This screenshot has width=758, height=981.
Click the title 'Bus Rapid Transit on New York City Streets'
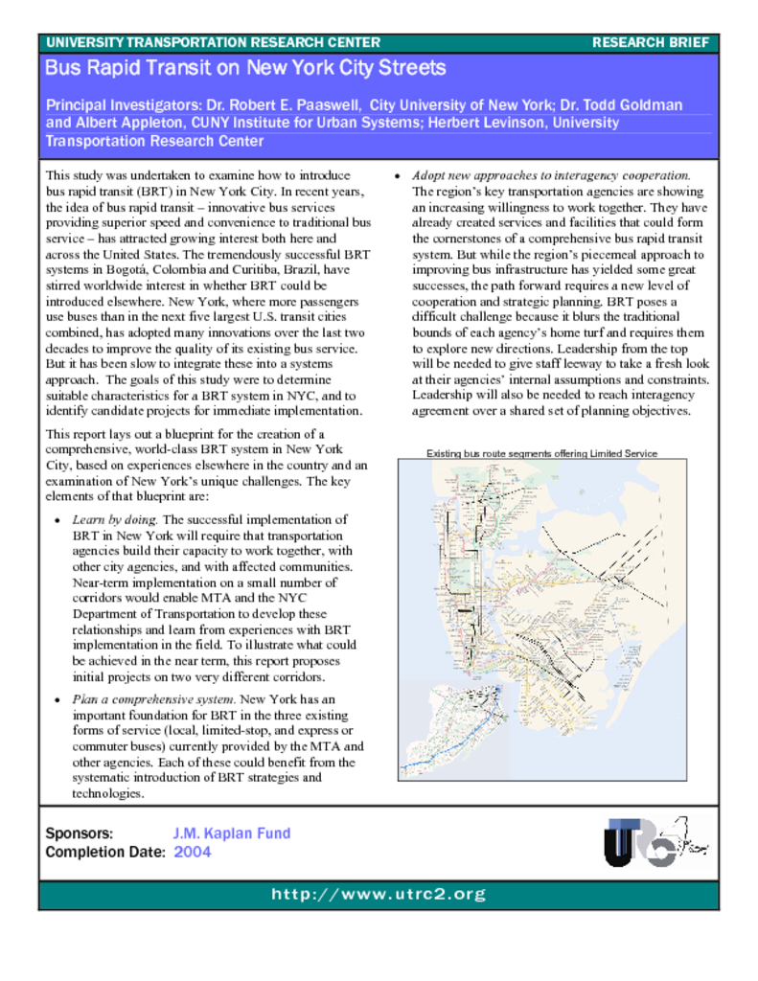coord(245,68)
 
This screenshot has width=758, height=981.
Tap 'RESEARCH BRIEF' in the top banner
coord(651,42)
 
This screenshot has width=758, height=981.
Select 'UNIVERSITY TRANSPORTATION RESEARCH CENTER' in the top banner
coord(213,42)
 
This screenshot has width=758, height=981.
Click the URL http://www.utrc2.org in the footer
coord(379,895)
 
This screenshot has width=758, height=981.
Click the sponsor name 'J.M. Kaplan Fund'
coord(231,833)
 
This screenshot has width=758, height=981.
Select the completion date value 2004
coord(193,852)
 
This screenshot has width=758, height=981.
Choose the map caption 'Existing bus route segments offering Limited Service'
coord(542,453)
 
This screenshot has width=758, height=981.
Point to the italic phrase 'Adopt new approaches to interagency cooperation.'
coord(551,175)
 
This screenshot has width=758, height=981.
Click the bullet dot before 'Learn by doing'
coord(58,521)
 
